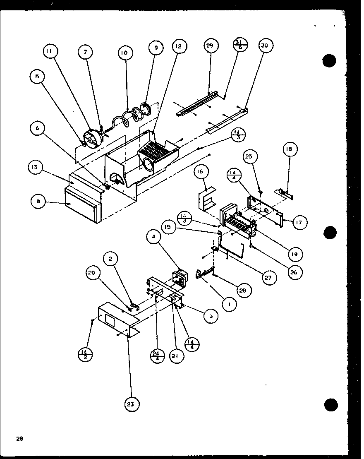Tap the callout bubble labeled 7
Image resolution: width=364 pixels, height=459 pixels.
[86, 53]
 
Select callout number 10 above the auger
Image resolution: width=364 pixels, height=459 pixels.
[125, 53]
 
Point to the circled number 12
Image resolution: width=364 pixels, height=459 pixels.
[178, 47]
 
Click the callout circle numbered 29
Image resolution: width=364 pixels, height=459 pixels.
[209, 46]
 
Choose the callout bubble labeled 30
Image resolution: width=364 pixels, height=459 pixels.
[265, 46]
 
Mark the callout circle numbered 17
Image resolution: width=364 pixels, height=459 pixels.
[298, 222]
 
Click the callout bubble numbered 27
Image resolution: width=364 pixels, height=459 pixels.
[268, 278]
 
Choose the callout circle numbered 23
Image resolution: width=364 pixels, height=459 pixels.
[130, 404]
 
